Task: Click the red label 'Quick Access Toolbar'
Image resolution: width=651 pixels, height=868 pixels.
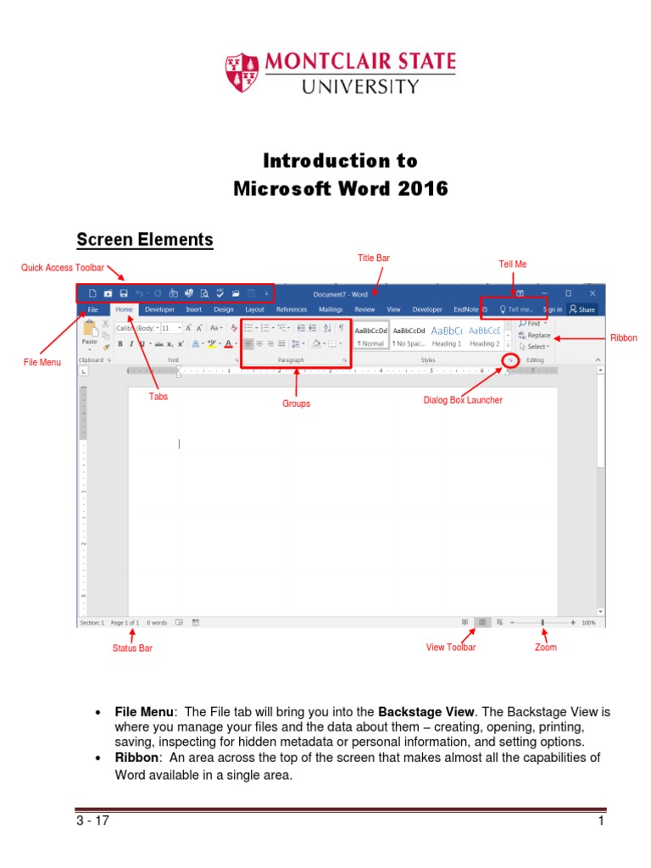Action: tap(63, 268)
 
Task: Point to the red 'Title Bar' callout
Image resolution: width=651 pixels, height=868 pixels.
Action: tap(374, 257)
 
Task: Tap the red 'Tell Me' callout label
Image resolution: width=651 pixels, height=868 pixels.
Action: tap(513, 264)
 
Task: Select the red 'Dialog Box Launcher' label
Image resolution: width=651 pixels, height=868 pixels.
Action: tap(463, 400)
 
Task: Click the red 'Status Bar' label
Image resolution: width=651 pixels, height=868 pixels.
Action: tap(132, 648)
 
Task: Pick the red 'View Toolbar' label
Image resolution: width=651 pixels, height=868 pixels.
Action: tap(450, 648)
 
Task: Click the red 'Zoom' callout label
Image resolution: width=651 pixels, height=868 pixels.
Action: tap(545, 648)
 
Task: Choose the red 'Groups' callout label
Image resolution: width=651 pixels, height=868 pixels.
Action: tap(296, 403)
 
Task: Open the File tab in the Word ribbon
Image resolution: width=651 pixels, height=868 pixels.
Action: tap(92, 309)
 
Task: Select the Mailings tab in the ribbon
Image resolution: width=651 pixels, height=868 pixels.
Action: tap(331, 309)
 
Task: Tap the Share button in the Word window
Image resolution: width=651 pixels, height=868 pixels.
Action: tap(582, 309)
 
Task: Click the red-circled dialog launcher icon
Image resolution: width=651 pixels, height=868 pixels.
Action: tap(510, 360)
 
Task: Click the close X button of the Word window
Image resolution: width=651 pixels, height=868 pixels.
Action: tap(593, 293)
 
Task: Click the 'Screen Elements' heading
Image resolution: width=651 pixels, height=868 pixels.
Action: tap(145, 240)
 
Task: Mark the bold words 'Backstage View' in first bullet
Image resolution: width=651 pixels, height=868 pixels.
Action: tap(423, 712)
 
